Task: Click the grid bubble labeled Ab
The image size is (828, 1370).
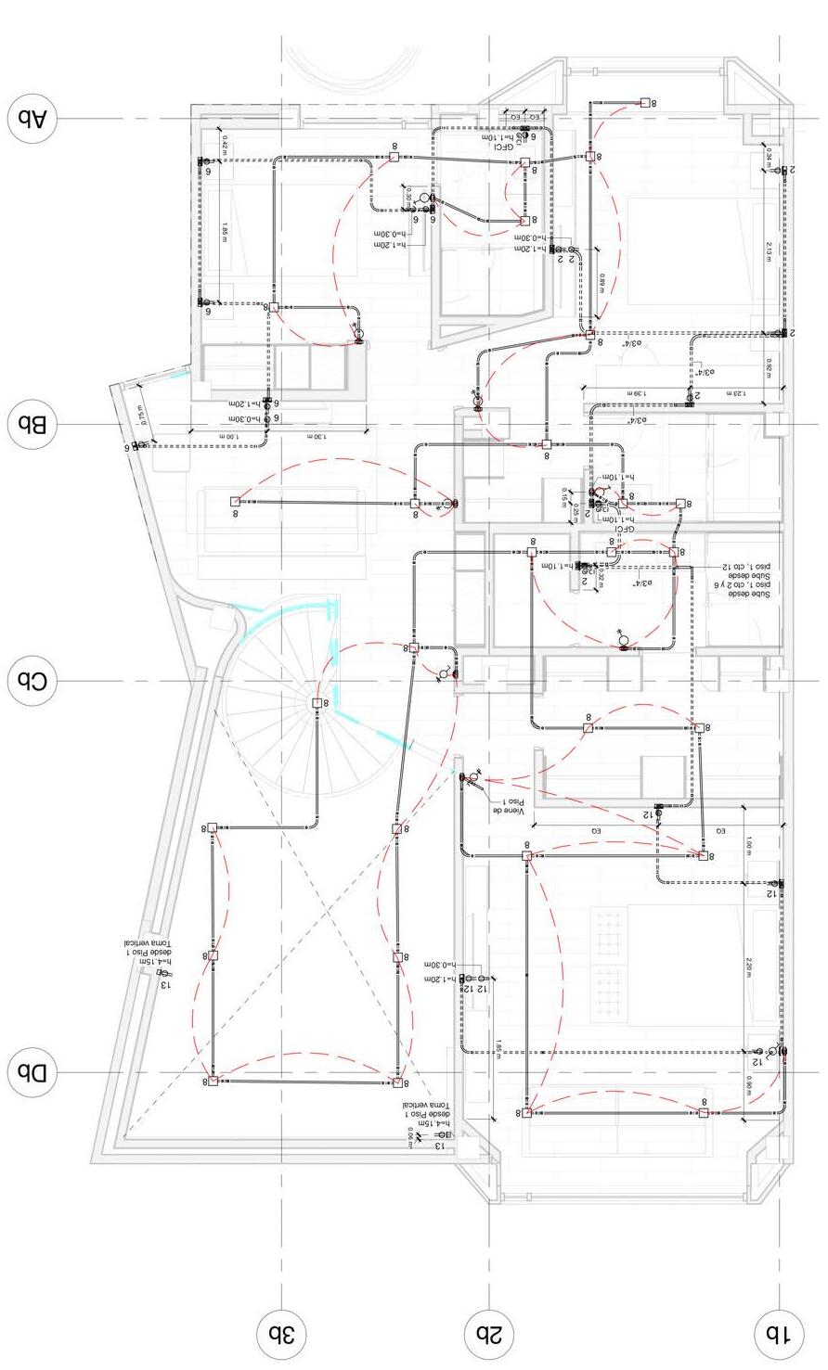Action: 32,119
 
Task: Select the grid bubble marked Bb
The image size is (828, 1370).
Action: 32,425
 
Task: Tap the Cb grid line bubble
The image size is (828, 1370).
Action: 32,681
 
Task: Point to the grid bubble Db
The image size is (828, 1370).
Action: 32,1073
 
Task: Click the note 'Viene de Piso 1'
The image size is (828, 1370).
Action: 508,806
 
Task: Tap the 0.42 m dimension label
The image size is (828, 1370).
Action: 225,146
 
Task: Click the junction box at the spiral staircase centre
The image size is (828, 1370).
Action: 317,703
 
